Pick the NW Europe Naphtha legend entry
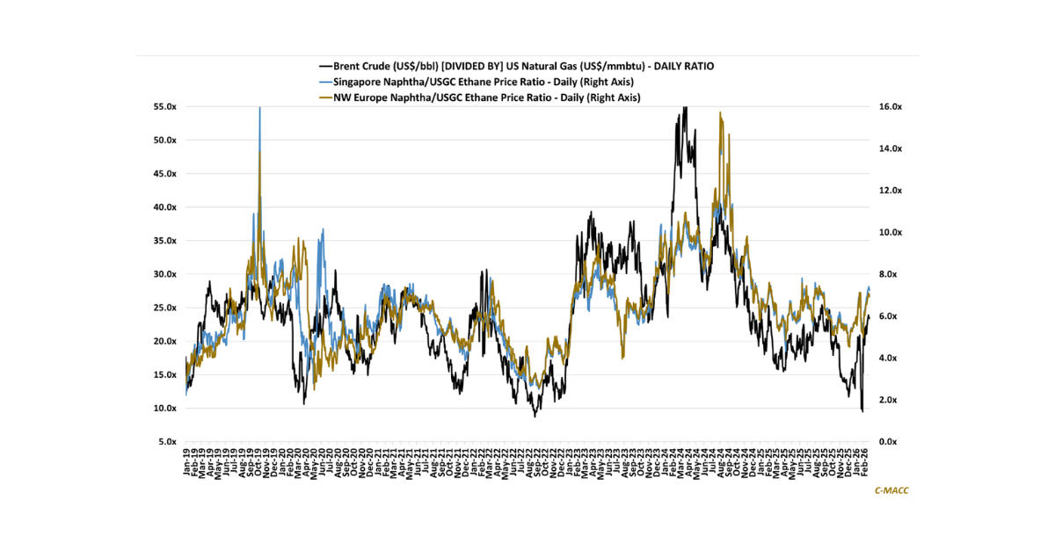[486, 98]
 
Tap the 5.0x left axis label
[169, 442]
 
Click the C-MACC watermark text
[891, 491]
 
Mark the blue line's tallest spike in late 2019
[259, 108]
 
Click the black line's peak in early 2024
[684, 107]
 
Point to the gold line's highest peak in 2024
[721, 112]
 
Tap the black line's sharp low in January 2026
[862, 410]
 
